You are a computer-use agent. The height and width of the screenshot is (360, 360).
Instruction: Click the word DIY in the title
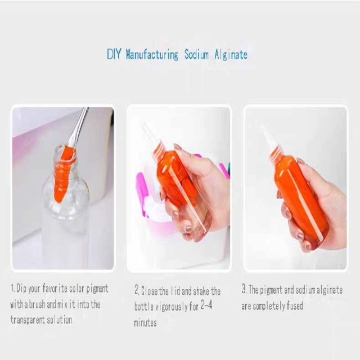[x=113, y=54]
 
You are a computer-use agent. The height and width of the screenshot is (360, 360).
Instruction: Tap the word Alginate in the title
[x=229, y=54]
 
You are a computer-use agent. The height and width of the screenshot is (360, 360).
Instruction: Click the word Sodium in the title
[x=195, y=54]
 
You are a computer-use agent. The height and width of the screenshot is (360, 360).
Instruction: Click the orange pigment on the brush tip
[x=67, y=156]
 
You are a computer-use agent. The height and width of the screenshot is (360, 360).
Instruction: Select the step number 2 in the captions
[x=136, y=289]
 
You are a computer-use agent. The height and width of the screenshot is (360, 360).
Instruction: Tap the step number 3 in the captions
[x=244, y=289]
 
